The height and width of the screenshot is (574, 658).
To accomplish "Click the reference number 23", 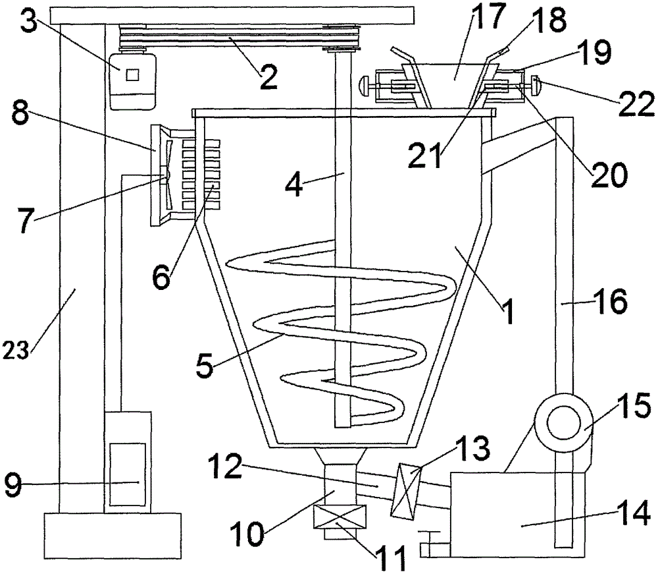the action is [x=16, y=350].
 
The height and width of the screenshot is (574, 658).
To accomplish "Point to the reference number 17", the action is [x=487, y=17].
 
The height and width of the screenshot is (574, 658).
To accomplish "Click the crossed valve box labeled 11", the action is [x=340, y=516].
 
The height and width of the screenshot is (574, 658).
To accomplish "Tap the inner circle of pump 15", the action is [x=563, y=422].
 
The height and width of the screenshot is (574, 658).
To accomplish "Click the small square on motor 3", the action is [x=132, y=74].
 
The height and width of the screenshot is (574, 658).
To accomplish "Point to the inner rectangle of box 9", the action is [x=128, y=474].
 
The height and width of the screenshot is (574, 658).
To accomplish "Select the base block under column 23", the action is [x=113, y=535].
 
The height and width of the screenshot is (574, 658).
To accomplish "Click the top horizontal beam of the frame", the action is [x=232, y=16].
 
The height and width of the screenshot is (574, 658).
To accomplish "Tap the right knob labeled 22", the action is [x=536, y=85].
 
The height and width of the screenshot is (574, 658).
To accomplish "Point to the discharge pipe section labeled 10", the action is [x=340, y=484].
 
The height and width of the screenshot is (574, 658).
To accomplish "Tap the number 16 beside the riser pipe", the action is [x=610, y=301].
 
